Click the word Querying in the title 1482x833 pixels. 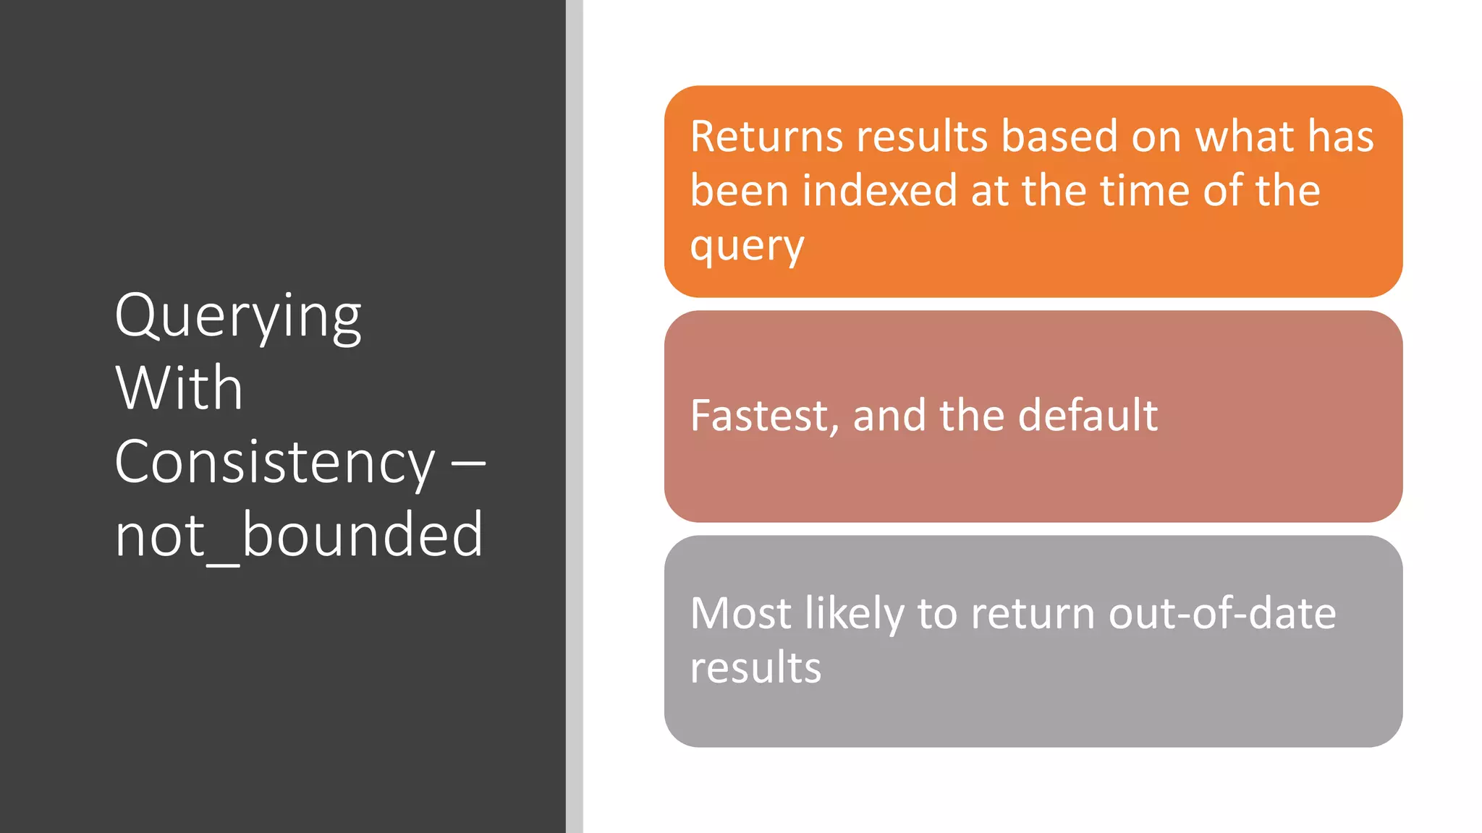click(237, 317)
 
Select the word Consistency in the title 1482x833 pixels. click(274, 462)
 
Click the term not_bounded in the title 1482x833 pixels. click(299, 535)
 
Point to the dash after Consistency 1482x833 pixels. click(468, 462)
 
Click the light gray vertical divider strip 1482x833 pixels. click(575, 416)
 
